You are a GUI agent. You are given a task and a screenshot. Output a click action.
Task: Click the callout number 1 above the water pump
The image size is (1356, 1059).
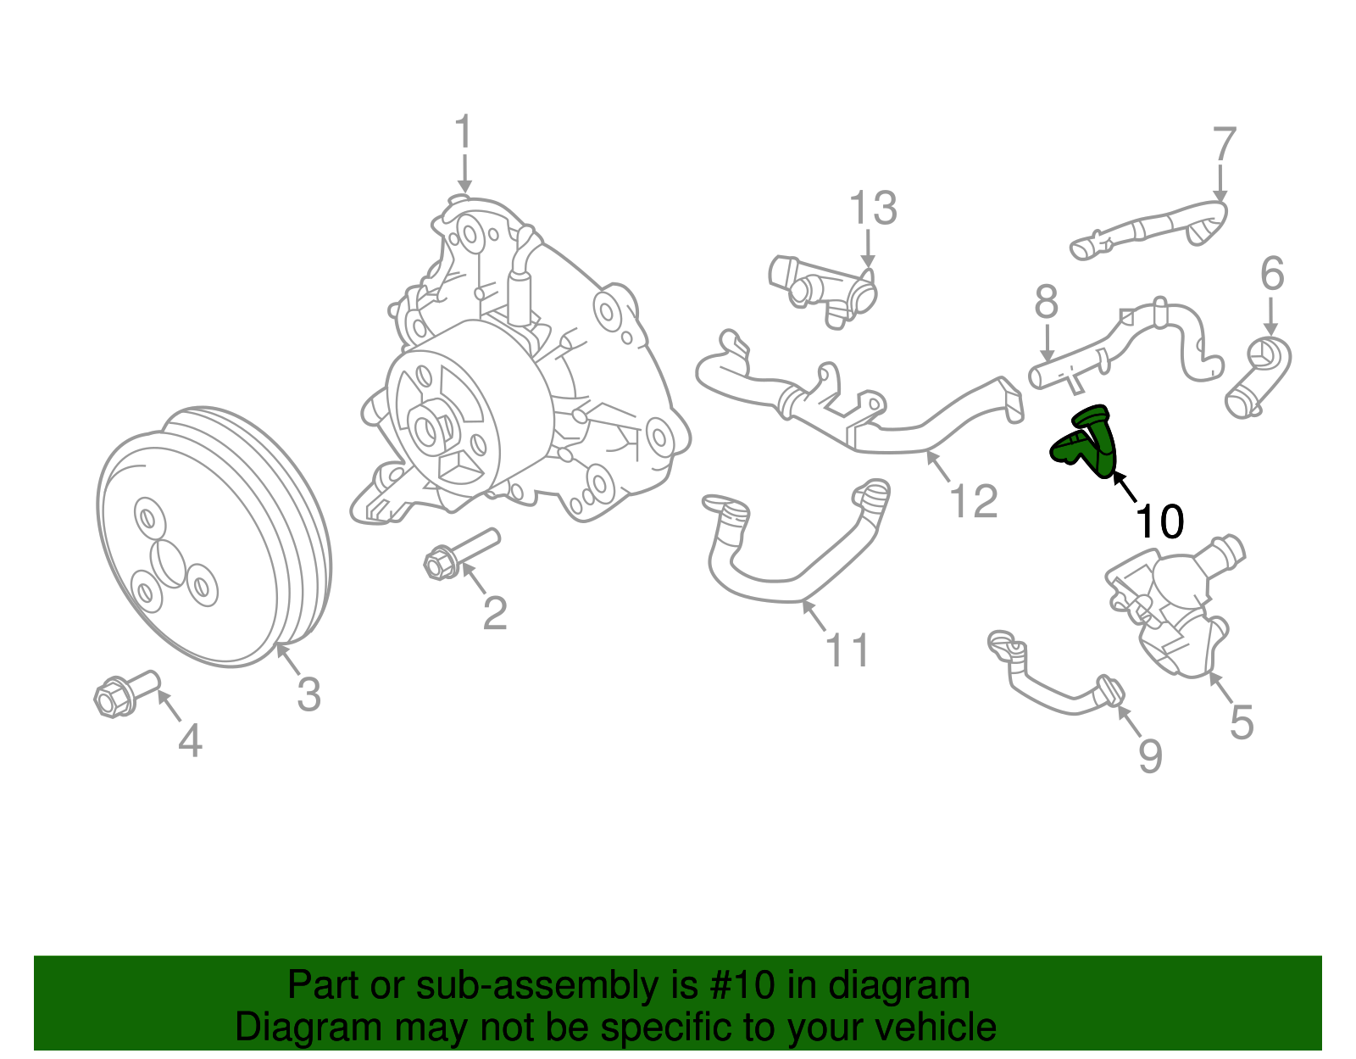point(463,133)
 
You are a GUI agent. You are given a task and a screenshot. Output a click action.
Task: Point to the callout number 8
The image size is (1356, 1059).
point(1047,301)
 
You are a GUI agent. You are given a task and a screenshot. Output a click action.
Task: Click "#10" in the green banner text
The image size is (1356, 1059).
point(738,985)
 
